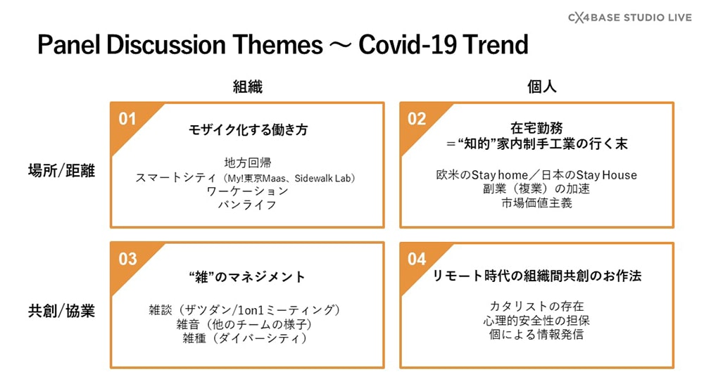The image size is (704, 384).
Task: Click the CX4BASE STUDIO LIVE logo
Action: [x=630, y=18]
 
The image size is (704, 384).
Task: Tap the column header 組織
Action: [x=247, y=87]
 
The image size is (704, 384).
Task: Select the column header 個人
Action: [x=541, y=87]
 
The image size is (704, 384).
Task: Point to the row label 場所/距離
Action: [x=61, y=170]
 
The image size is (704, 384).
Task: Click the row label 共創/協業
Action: [x=61, y=310]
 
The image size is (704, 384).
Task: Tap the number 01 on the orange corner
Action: [x=127, y=119]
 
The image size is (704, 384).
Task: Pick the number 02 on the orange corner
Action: [x=417, y=119]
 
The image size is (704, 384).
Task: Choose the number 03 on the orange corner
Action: [x=127, y=259]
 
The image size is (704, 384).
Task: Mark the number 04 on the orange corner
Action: [x=417, y=259]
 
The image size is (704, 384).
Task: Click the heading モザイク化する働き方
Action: [x=248, y=129]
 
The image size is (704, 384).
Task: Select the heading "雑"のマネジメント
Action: [x=247, y=277]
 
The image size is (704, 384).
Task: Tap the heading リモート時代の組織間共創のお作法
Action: [x=536, y=276]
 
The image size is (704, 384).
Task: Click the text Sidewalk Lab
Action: [x=323, y=178]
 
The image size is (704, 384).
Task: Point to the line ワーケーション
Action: [x=247, y=191]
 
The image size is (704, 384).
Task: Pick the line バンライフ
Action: [x=247, y=205]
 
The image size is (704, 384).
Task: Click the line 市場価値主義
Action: [x=536, y=203]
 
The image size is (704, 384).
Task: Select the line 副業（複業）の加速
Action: [x=536, y=188]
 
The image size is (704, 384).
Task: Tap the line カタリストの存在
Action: [x=536, y=306]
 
